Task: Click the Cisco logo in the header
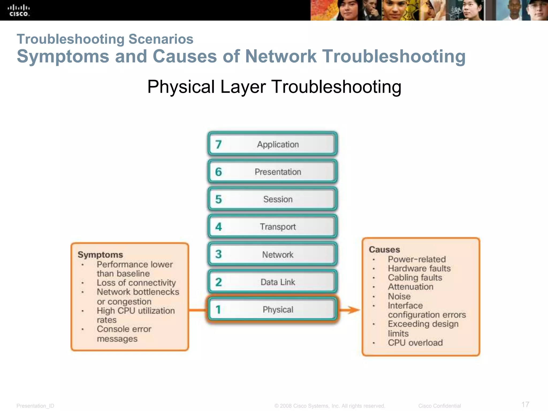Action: (x=18, y=10)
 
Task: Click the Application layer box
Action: (x=272, y=144)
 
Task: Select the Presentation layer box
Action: (x=272, y=172)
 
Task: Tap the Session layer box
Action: (x=272, y=199)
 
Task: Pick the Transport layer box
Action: (x=272, y=227)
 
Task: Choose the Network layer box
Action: (x=272, y=254)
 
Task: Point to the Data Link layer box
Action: (x=272, y=282)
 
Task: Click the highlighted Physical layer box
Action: (x=272, y=309)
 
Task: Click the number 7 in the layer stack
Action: (x=218, y=144)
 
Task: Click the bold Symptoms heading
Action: (x=100, y=254)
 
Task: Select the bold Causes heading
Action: (x=384, y=249)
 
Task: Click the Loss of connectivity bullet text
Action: (x=136, y=283)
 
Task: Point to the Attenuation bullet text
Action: (x=410, y=287)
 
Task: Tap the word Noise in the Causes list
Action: (x=399, y=296)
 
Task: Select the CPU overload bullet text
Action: (x=415, y=342)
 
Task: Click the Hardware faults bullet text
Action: (x=419, y=268)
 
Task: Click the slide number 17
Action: (x=525, y=404)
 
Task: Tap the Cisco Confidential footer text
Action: (x=439, y=406)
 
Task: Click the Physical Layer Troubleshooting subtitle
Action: (x=274, y=87)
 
